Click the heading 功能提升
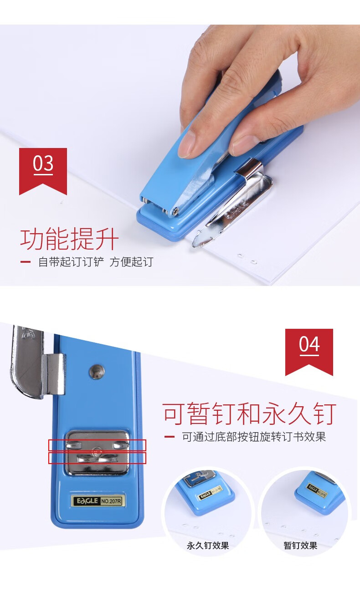click(69, 239)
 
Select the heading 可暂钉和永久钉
click(249, 414)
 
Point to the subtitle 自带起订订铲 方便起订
click(96, 262)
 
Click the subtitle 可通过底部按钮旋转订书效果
click(254, 437)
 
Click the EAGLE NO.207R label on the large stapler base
click(98, 501)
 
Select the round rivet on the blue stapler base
click(97, 372)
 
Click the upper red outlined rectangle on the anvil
click(97, 445)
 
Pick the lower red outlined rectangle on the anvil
click(97, 458)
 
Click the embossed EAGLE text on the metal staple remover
click(237, 210)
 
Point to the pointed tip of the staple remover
click(194, 245)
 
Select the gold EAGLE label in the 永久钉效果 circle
click(210, 493)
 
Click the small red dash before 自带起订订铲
click(26, 262)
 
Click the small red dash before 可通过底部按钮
click(169, 437)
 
